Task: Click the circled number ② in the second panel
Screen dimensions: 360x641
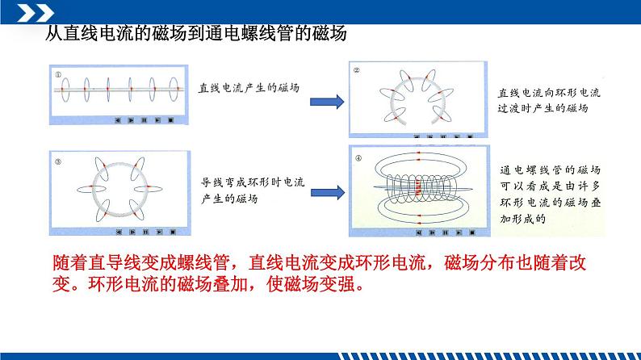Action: click(358, 71)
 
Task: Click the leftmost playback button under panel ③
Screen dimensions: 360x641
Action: click(118, 232)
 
